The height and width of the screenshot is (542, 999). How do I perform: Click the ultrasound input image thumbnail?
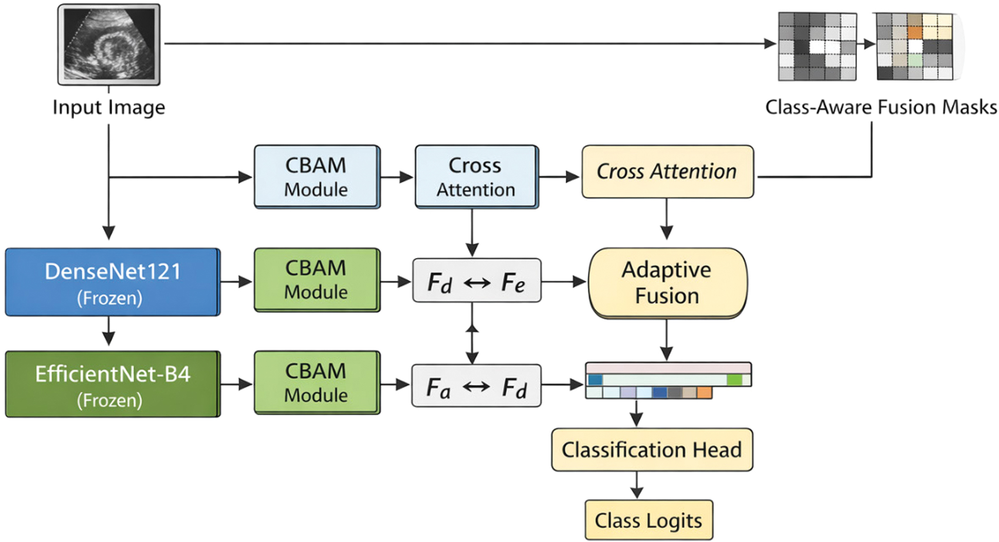[109, 44]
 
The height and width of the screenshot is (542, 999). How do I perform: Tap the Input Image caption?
[109, 107]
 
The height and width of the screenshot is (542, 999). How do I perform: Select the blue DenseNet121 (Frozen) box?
[113, 282]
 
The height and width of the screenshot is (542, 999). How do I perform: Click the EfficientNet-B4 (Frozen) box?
[113, 384]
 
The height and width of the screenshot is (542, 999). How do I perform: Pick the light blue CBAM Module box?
[317, 177]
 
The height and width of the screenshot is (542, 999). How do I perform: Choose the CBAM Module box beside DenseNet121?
[317, 280]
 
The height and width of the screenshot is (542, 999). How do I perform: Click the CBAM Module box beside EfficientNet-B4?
[317, 383]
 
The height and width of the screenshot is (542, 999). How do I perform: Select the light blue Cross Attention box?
[476, 177]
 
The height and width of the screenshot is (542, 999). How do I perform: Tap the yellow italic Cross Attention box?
[668, 172]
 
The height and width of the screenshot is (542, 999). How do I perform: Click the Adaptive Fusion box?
[668, 283]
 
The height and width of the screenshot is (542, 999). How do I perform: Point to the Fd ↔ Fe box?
[477, 281]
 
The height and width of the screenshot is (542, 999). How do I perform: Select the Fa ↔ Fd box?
[476, 386]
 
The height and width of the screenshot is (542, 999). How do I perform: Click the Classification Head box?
[652, 450]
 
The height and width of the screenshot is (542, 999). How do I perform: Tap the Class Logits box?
[649, 520]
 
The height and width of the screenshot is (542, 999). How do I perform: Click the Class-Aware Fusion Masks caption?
[881, 107]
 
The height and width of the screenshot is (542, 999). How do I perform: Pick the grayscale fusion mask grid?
[817, 46]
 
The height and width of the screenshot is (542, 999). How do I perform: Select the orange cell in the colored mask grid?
[915, 33]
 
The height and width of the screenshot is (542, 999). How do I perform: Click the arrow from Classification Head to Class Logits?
[637, 485]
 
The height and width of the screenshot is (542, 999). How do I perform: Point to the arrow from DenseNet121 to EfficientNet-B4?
[108, 331]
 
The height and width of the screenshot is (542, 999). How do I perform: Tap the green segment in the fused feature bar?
[734, 380]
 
